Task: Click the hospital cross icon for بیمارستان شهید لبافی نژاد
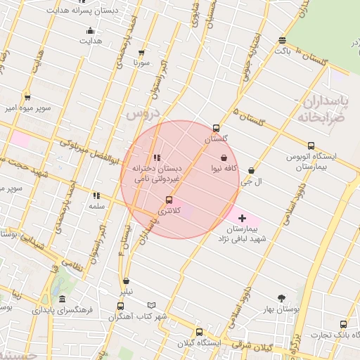pyautogui.click(x=243, y=218)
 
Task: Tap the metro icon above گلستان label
pyautogui.click(x=216, y=129)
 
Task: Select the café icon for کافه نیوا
pyautogui.click(x=224, y=157)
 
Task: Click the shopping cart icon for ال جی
pyautogui.click(x=251, y=170)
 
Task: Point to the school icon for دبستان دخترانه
pyautogui.click(x=156, y=157)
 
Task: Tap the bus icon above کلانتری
pyautogui.click(x=167, y=200)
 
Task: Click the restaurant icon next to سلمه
pyautogui.click(x=96, y=196)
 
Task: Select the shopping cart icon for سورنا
pyautogui.click(x=143, y=52)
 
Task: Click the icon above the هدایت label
pyautogui.click(x=90, y=30)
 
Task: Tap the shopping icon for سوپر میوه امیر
pyautogui.click(x=27, y=97)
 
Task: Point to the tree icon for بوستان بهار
pyautogui.click(x=282, y=298)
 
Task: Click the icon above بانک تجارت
pyautogui.click(x=343, y=324)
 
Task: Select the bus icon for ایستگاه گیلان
pyautogui.click(x=199, y=332)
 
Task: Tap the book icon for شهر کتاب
pyautogui.click(x=151, y=306)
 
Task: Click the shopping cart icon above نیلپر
pyautogui.click(x=125, y=281)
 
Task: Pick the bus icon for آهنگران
pyautogui.click(x=121, y=306)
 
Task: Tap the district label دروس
pyautogui.click(x=143, y=112)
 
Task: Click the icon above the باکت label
pyautogui.click(x=282, y=40)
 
